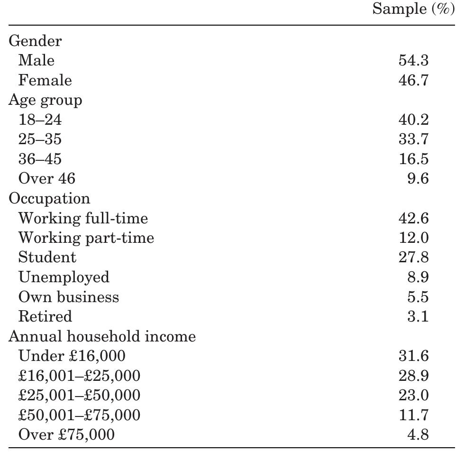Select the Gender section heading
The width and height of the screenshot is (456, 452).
35,41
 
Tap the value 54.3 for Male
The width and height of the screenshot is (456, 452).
413,61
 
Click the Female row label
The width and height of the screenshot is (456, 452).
45,81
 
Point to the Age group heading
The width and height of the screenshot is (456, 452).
45,101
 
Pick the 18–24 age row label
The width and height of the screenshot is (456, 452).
40,120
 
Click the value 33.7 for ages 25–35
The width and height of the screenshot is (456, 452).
413,139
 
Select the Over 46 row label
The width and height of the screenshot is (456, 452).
46,179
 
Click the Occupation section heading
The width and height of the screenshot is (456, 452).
49,198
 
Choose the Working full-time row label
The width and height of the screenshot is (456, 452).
83,218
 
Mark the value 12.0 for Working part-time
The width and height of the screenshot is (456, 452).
413,238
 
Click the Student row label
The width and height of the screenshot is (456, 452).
47,258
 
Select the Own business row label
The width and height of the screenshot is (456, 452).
68,297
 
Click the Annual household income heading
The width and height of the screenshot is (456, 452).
102,336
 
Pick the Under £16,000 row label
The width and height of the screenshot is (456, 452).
72,356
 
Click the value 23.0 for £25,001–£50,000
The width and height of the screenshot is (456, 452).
413,395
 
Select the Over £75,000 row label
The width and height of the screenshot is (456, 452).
66,434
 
